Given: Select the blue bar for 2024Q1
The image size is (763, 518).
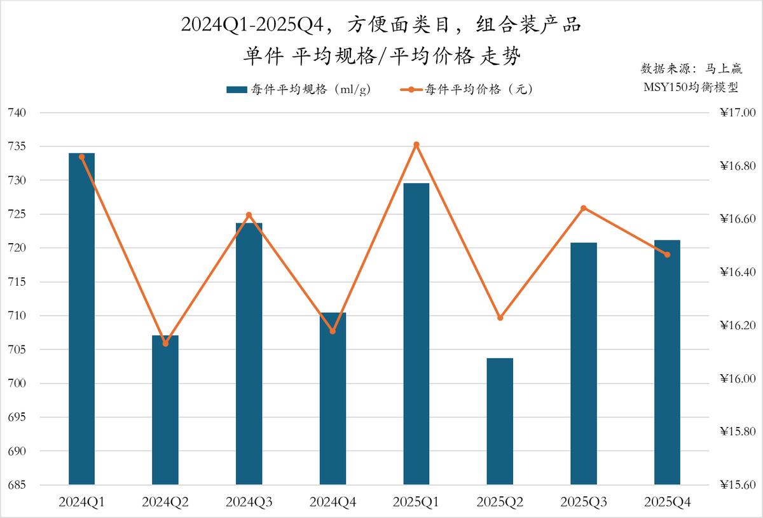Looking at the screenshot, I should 81,318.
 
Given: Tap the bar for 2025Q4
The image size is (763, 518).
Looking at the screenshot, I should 667,362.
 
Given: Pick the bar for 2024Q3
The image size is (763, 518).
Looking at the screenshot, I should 249,354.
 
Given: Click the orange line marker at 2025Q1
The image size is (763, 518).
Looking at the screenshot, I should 416,144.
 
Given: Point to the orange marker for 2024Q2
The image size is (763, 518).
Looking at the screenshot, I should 165,344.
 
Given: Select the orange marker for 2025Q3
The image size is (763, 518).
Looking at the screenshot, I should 584,208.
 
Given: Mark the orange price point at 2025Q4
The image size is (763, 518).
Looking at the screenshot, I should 667,255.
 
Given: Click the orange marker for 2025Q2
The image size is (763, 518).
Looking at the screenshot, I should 500,318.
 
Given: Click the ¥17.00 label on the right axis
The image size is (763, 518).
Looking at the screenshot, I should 737,113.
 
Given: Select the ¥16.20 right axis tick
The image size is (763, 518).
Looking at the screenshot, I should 737,325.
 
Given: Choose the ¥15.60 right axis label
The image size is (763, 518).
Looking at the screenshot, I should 737,485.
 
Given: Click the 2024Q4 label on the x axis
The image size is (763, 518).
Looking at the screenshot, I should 333,502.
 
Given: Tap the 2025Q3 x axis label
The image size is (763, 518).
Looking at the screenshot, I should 584,502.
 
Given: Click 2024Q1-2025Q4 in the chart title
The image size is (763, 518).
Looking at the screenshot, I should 254,25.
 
